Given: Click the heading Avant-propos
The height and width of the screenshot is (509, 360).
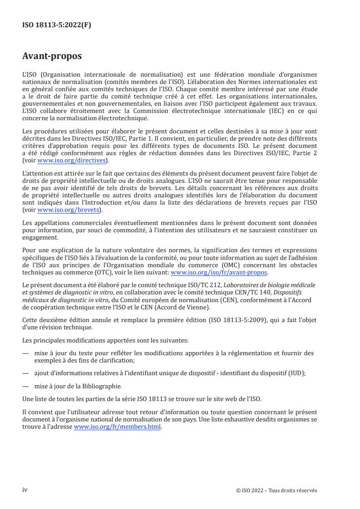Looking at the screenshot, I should [52, 57].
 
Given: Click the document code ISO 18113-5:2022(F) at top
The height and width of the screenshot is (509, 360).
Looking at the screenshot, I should [57, 25].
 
